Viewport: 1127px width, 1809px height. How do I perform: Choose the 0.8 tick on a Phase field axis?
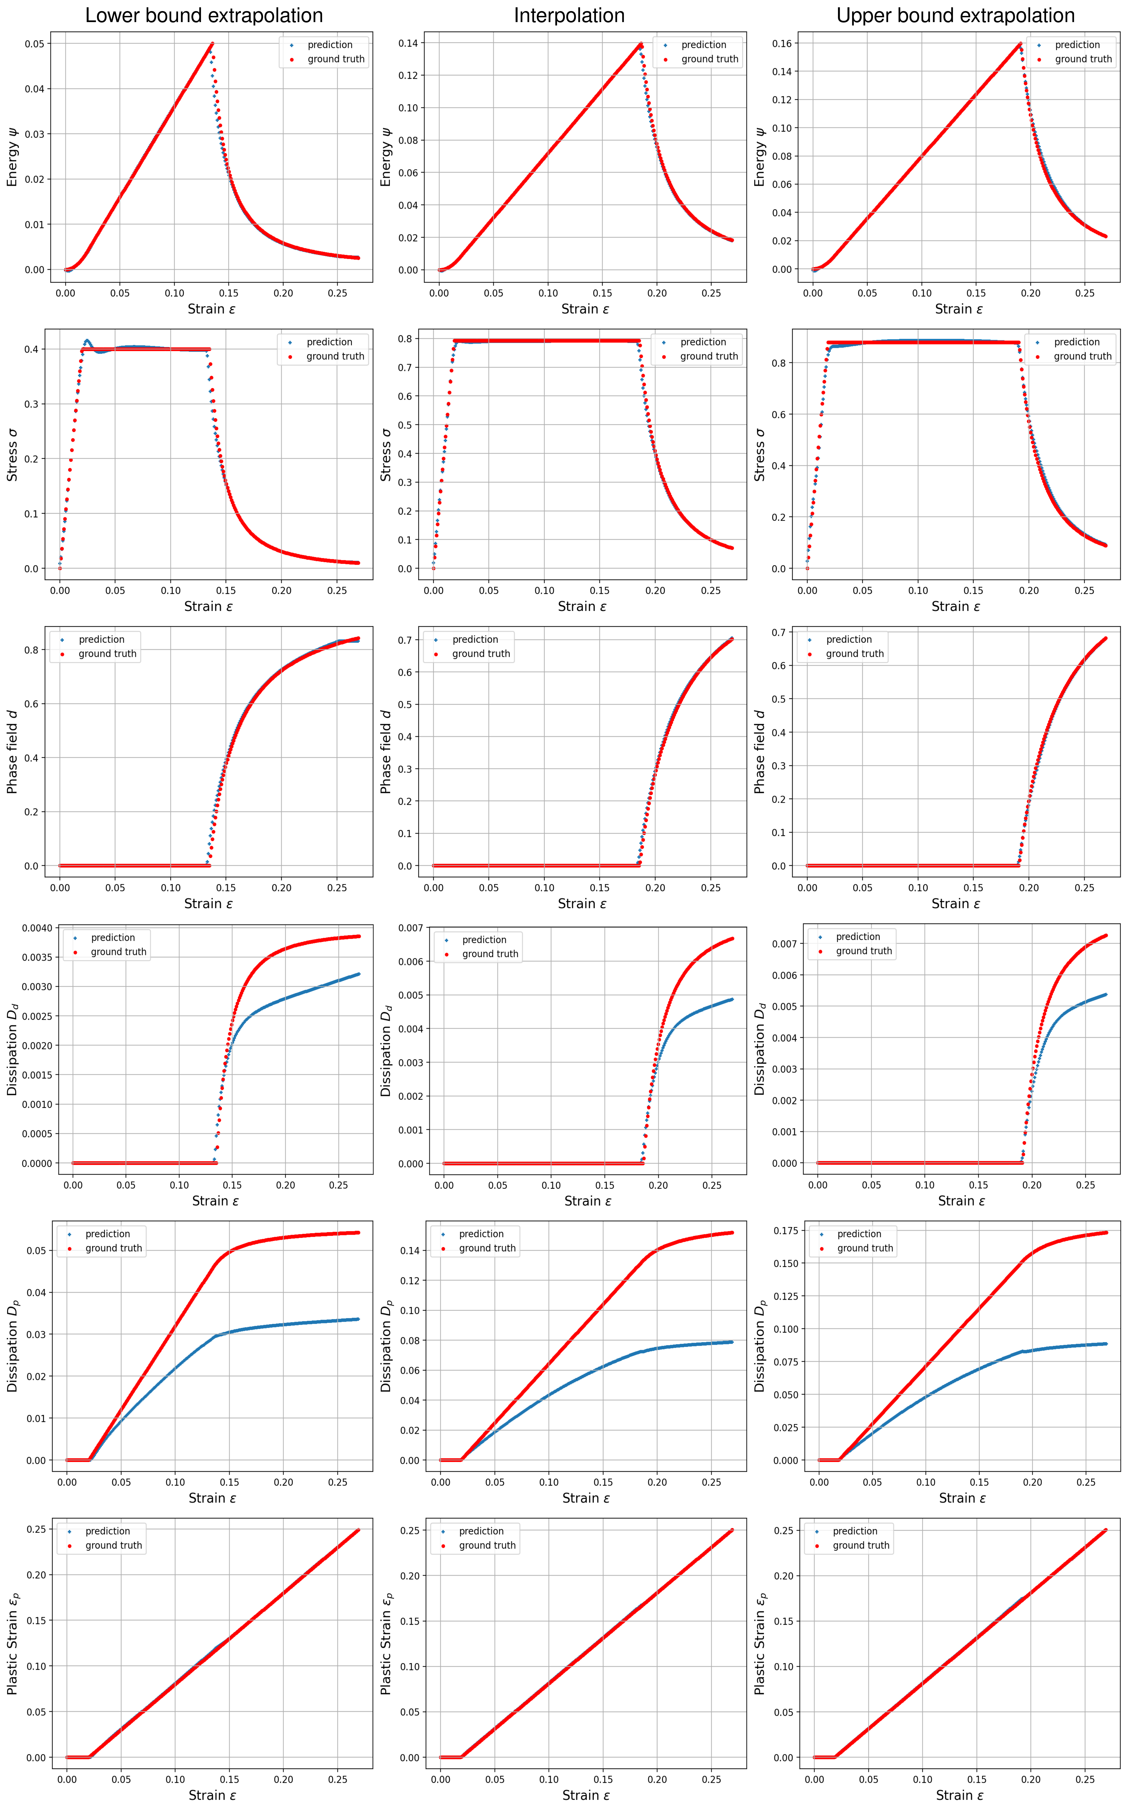coord(31,650)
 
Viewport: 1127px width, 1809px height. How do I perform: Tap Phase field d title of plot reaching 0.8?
coord(12,751)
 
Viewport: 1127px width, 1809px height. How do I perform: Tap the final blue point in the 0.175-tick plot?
coord(1105,1344)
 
